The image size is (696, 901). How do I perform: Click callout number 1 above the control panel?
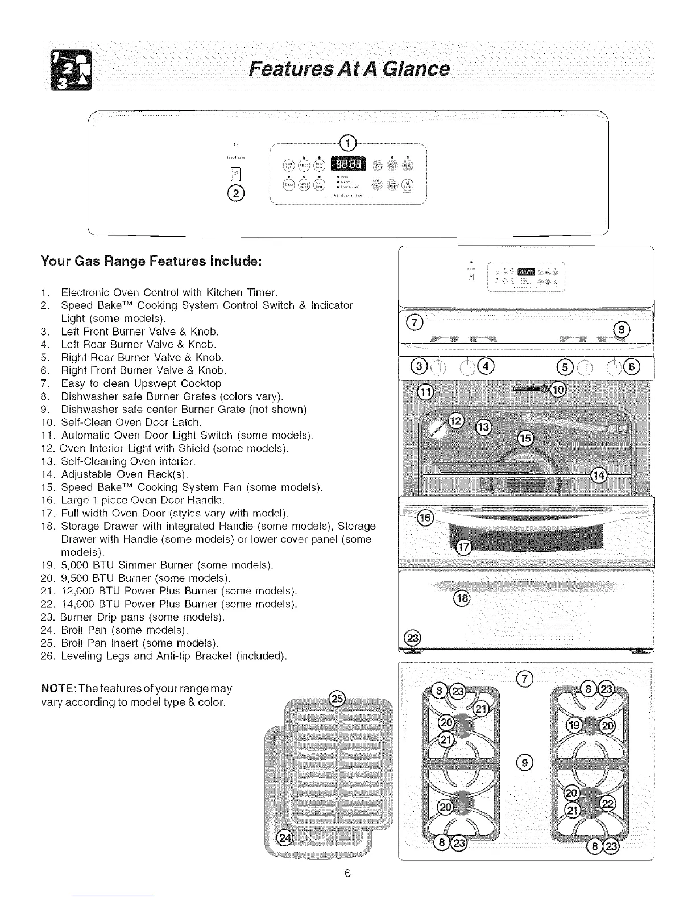(x=347, y=142)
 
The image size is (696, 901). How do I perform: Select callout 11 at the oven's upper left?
(x=425, y=391)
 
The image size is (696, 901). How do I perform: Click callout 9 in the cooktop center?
(x=525, y=762)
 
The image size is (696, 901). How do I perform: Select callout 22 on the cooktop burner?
(x=608, y=803)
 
